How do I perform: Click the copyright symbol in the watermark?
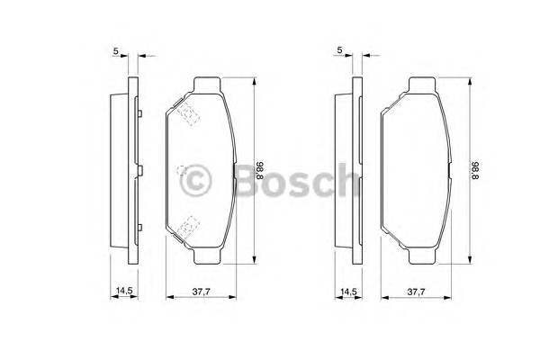[x=195, y=181]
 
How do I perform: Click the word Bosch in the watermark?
[x=298, y=180]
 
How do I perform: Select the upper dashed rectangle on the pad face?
[x=188, y=113]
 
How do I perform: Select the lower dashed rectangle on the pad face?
[x=188, y=227]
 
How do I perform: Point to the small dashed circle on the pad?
[x=182, y=170]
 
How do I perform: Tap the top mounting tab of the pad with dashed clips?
[x=207, y=85]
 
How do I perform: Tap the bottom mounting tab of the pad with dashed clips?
[x=207, y=256]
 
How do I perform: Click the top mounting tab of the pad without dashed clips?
[x=422, y=85]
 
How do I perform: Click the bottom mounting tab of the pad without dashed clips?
[x=422, y=256]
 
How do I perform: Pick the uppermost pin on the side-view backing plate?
[x=139, y=113]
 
